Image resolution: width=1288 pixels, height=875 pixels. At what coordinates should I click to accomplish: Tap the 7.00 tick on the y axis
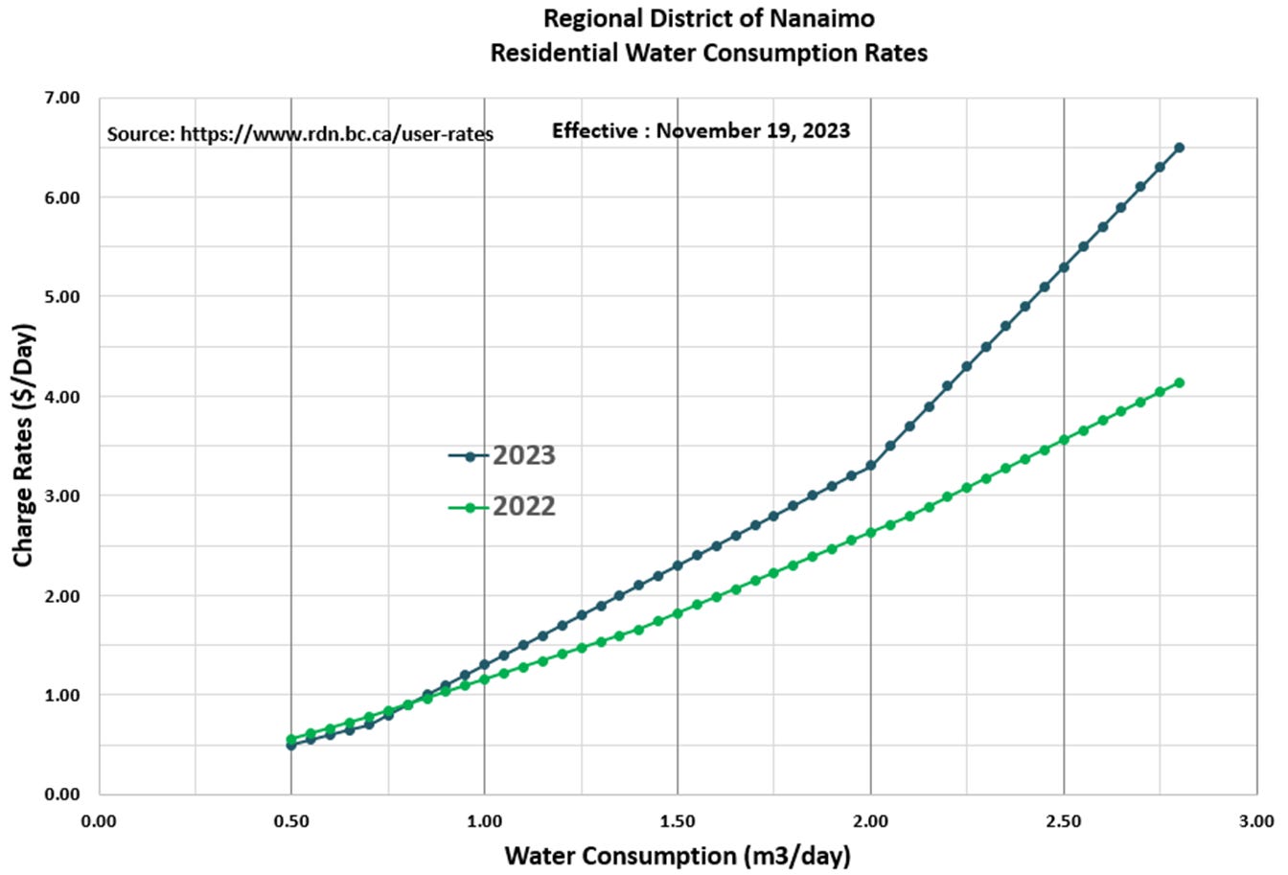[61, 98]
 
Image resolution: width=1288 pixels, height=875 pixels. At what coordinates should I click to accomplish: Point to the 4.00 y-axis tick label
[61, 396]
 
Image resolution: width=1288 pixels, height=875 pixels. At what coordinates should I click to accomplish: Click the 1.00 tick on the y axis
[61, 695]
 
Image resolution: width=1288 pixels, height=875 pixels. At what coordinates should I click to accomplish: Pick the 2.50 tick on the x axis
[1064, 821]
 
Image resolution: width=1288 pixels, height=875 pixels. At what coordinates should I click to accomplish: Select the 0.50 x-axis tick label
[291, 821]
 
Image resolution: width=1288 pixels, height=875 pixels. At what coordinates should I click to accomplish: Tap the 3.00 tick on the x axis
[1256, 821]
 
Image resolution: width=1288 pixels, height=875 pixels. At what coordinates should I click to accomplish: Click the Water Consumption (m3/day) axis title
[678, 855]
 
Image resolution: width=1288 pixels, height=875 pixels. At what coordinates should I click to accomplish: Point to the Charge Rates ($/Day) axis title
[24, 445]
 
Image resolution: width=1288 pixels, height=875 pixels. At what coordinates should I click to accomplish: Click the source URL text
[300, 134]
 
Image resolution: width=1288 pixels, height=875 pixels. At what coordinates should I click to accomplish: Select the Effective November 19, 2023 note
[701, 130]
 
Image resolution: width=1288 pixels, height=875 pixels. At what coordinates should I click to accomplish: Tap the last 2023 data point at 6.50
[1179, 148]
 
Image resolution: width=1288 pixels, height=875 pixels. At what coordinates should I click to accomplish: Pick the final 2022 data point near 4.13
[1179, 382]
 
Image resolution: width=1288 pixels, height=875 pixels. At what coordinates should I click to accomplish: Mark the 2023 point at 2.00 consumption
[871, 466]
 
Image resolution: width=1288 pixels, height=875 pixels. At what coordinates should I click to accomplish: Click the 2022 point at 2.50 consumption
[1064, 440]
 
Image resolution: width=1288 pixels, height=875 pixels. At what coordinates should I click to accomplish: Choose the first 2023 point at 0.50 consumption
[291, 745]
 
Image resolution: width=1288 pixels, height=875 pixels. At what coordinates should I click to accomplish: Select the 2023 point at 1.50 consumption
[678, 565]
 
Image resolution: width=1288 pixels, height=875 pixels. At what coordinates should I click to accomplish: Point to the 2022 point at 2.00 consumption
[871, 533]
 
